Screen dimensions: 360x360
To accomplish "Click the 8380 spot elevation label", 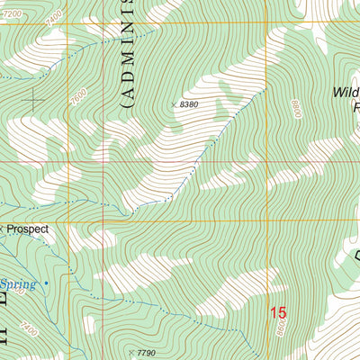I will [188, 105].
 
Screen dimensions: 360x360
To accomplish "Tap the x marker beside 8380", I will [174, 105].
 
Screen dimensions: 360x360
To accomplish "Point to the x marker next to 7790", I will [131, 352].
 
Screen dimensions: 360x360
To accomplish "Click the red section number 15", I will [278, 313].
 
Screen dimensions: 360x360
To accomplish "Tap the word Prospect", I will [27, 229].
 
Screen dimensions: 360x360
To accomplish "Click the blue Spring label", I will [22, 284].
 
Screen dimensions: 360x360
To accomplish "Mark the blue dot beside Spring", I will [46, 283].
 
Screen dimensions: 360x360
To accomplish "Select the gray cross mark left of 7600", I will [35, 99].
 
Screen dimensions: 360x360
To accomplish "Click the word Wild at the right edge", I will [346, 92].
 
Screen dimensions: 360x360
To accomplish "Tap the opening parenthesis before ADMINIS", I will [127, 103].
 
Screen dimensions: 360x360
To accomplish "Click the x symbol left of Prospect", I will [2, 227].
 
